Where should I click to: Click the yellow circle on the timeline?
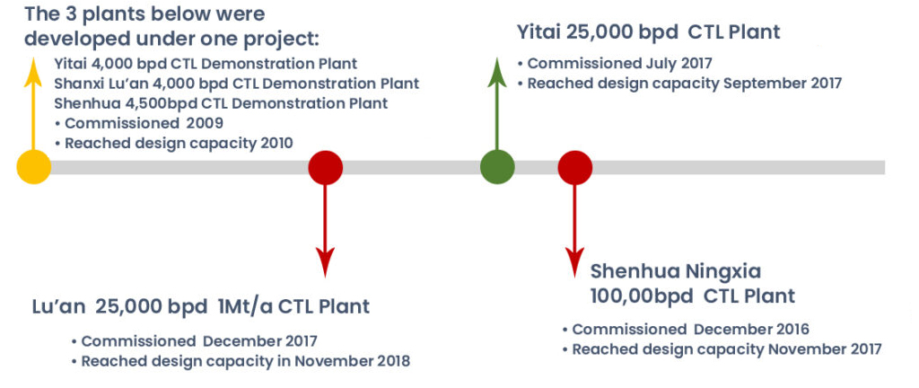tap(34, 167)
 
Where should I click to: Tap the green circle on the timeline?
tap(497, 167)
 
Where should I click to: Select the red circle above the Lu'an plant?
tap(325, 168)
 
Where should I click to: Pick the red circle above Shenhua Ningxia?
tap(574, 168)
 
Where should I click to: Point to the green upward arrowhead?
tap(497, 73)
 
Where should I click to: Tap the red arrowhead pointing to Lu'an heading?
tap(325, 262)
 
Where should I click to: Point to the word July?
tap(652, 63)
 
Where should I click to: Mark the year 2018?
tap(392, 360)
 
